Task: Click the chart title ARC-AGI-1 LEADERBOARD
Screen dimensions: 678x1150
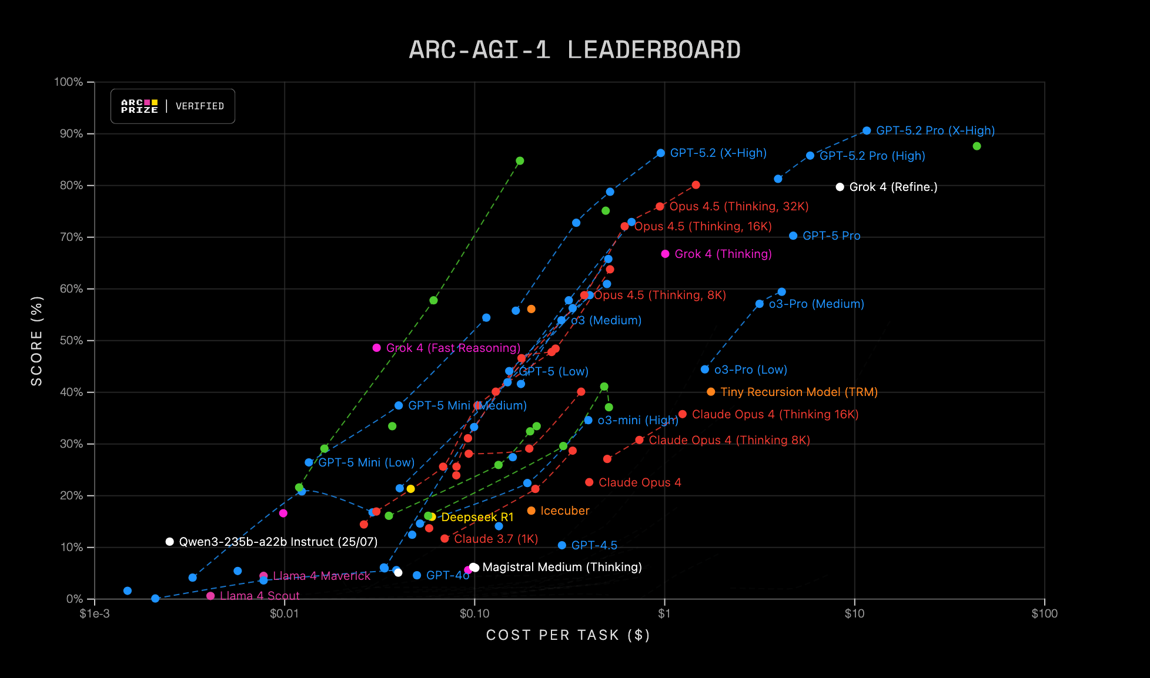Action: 574,50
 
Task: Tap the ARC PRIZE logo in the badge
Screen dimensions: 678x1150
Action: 139,106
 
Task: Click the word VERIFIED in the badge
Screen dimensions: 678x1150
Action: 200,106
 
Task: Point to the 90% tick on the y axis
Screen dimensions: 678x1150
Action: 69,134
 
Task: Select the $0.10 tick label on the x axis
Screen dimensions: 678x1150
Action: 474,614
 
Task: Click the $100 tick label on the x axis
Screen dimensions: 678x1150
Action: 1044,614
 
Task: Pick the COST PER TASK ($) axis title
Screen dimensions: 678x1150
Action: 568,635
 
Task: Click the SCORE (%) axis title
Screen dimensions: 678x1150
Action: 37,341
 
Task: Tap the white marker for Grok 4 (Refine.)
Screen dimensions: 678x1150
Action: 840,187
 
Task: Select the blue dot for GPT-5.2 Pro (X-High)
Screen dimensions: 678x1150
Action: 867,130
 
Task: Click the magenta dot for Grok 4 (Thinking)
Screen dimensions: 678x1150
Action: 665,254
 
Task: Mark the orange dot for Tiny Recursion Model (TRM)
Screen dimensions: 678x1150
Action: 711,392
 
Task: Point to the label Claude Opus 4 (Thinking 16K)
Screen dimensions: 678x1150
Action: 775,414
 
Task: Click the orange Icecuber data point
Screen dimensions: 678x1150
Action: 531,511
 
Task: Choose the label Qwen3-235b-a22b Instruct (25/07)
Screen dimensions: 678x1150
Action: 278,542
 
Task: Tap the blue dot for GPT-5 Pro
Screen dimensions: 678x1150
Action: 793,236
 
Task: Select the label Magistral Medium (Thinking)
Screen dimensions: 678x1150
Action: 562,567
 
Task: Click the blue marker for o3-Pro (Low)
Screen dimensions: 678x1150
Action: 705,370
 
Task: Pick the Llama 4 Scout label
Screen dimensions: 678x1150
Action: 259,596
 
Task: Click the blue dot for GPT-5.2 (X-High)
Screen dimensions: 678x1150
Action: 661,153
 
